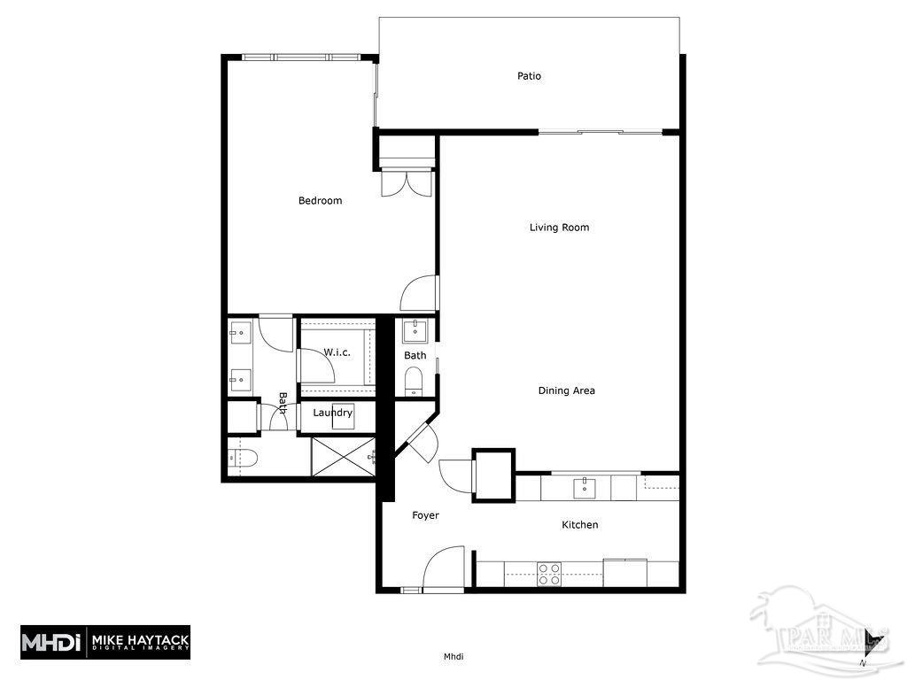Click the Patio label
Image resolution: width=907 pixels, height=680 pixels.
[x=529, y=76]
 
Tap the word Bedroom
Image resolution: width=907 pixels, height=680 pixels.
[x=320, y=201]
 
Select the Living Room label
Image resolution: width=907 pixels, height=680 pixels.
[x=559, y=228]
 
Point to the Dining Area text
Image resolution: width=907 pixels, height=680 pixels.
[x=566, y=390]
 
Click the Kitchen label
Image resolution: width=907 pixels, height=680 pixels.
[x=580, y=525]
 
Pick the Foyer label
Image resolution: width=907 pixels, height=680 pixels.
[x=425, y=515]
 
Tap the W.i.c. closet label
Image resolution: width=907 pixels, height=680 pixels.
[x=337, y=352]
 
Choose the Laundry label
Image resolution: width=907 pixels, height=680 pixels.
[x=332, y=413]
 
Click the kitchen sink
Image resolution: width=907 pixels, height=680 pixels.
[x=585, y=487]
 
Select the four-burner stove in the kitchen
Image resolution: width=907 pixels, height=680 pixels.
[x=549, y=573]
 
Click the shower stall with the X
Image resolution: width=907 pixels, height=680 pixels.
[x=344, y=457]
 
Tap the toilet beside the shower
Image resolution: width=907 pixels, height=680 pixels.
[x=242, y=458]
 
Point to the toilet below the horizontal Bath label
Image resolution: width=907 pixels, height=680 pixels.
[x=414, y=382]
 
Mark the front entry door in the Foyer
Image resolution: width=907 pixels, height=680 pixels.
[x=444, y=568]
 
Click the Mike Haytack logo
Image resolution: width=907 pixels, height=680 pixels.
[x=105, y=641]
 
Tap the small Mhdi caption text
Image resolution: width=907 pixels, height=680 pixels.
[x=453, y=657]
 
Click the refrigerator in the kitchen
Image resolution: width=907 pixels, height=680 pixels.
[x=625, y=573]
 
